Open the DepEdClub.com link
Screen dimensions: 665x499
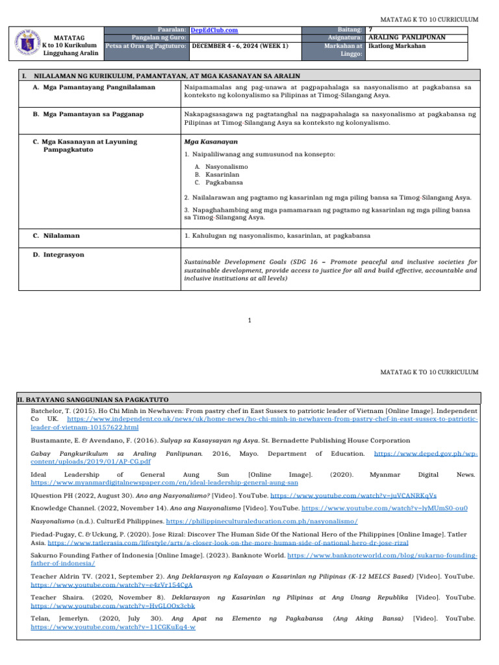pyautogui.click(x=214, y=30)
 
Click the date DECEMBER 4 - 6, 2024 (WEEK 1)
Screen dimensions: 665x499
pyautogui.click(x=240, y=46)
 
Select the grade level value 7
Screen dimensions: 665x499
pyautogui.click(x=370, y=29)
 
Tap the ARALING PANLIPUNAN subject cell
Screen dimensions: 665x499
pyautogui.click(x=407, y=38)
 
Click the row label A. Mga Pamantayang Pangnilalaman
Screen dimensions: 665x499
pyautogui.click(x=94, y=87)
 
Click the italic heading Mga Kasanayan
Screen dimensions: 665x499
pyautogui.click(x=211, y=142)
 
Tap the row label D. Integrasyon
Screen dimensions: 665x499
pyautogui.click(x=58, y=255)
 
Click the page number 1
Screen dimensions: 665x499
pyautogui.click(x=249, y=320)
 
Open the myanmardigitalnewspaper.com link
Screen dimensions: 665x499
pyautogui.click(x=164, y=483)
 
